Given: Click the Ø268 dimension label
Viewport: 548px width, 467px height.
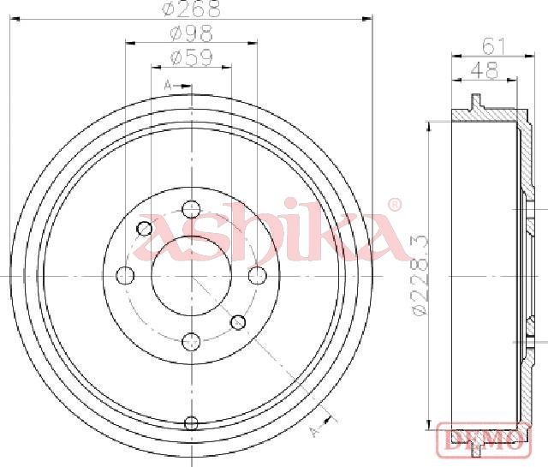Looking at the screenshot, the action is (192, 9).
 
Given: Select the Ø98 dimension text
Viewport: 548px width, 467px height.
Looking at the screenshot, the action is (191, 34).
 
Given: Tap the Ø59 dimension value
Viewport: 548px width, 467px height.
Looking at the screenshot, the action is (191, 57).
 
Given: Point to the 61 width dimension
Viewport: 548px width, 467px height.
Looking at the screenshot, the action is (493, 46).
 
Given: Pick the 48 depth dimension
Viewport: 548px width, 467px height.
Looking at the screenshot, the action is (484, 70).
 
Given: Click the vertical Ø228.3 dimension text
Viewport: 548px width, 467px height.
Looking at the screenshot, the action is (420, 275).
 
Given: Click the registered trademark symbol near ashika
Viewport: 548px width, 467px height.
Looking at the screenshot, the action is (395, 205).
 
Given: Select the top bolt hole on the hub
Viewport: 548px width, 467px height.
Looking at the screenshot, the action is (191, 210).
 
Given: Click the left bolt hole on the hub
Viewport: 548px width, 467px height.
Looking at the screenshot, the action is (125, 275).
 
